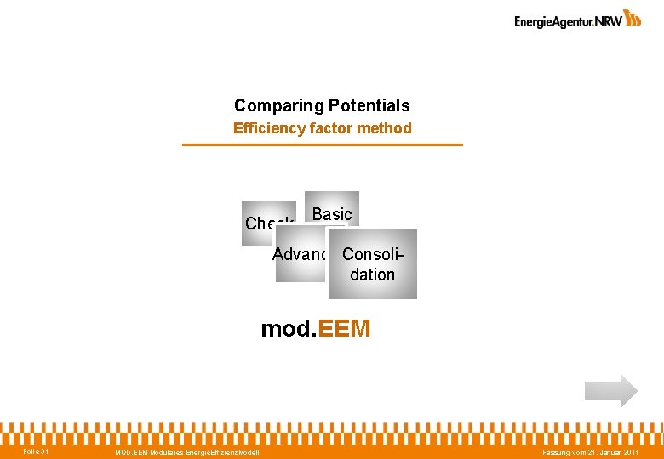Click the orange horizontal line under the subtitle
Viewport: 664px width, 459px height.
coord(323,144)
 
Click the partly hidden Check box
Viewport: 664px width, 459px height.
coord(260,224)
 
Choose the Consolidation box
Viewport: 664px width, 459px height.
coord(373,263)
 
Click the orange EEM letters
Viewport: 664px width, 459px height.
coord(343,329)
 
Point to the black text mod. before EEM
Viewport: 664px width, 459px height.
coord(288,329)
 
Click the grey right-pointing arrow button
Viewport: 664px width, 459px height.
coord(610,391)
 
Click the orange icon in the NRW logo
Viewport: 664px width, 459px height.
coord(633,18)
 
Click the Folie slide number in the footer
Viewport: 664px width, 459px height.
coord(36,451)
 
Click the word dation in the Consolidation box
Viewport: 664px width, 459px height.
coord(373,275)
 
